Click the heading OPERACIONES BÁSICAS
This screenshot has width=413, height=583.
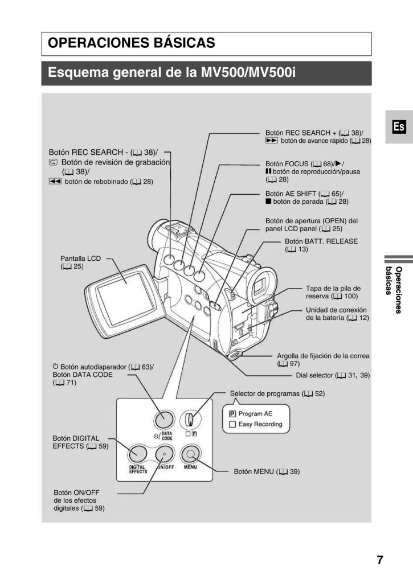(x=132, y=43)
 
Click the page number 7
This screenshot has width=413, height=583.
(x=379, y=559)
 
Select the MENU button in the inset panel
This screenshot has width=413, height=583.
(x=190, y=454)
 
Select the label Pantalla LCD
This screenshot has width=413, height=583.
(x=80, y=258)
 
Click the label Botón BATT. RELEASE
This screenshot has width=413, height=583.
(x=321, y=241)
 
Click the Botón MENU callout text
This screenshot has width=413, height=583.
(x=267, y=472)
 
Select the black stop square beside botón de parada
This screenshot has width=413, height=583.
(x=268, y=202)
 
